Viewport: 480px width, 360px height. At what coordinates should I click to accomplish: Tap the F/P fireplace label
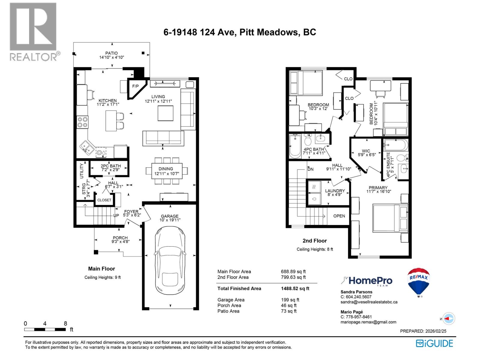point(136,86)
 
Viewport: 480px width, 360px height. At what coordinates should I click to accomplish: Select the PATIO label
point(111,53)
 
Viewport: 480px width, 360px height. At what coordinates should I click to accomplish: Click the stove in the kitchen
point(82,122)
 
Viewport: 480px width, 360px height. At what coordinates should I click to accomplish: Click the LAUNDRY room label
point(335,191)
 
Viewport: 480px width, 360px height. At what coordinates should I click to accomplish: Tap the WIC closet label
point(366,151)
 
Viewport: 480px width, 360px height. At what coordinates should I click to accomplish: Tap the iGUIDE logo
point(434,343)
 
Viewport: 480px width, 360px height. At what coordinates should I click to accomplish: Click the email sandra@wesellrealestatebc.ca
point(369,302)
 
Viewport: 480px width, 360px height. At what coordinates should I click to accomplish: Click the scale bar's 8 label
point(65,323)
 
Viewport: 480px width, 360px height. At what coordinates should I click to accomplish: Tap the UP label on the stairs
point(116,215)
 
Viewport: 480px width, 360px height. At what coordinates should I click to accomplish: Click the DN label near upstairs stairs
point(310,169)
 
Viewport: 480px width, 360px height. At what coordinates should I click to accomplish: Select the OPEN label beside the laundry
point(339,216)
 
